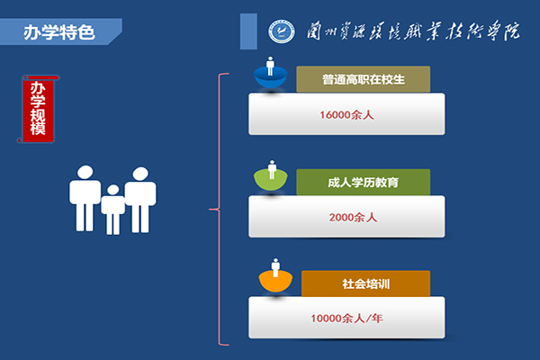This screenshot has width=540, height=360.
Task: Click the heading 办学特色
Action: coord(58,32)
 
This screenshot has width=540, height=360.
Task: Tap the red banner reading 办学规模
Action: coord(38,109)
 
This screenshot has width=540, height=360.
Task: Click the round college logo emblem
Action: coord(282,31)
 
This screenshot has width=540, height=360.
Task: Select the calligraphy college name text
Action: coord(413,31)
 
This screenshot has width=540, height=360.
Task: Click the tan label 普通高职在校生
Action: coord(364,79)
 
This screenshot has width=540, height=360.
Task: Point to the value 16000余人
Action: coord(346,114)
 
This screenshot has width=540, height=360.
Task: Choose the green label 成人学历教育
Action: coord(364,182)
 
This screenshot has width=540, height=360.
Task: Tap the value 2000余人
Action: coord(353,218)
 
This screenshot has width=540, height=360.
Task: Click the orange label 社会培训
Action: coord(365,283)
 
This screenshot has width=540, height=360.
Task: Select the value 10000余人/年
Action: coord(346,318)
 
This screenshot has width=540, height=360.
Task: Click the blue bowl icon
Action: coord(271,77)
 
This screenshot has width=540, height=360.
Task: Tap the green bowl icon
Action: coord(271,180)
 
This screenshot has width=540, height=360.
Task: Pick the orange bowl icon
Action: coord(275,281)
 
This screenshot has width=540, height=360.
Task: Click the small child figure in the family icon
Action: coord(113,209)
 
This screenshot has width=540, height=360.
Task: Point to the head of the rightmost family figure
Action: coord(140,174)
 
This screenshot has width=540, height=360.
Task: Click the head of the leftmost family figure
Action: coord(85,172)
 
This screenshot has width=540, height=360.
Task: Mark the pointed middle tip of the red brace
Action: coord(210,209)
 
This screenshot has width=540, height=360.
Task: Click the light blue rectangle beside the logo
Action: coord(248,31)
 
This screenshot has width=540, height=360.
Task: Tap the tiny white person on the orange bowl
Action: coord(275,267)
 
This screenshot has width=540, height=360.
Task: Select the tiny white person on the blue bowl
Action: coord(270,66)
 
